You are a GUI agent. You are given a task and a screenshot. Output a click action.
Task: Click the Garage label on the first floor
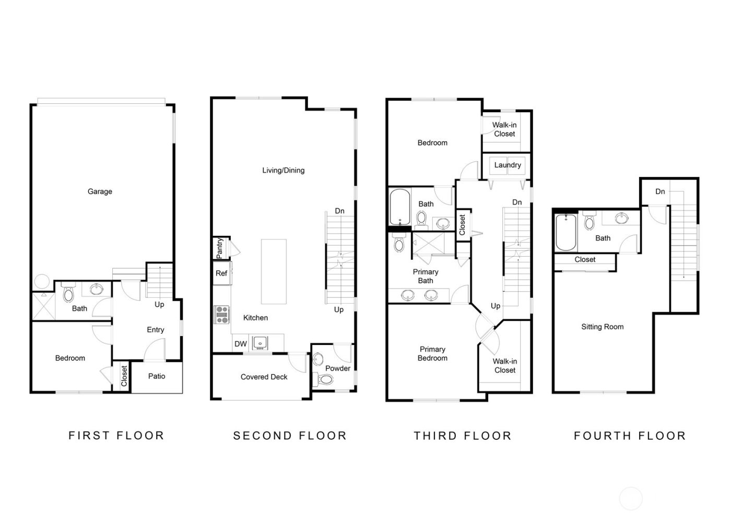(100, 191)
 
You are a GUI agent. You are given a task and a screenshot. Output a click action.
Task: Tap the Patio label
(157, 376)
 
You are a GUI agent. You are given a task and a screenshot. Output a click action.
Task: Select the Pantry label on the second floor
(220, 248)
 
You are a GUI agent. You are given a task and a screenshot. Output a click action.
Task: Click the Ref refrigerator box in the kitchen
(221, 273)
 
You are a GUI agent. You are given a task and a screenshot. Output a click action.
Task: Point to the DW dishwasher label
(240, 344)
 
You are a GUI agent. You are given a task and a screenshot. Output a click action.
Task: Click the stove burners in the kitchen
(221, 315)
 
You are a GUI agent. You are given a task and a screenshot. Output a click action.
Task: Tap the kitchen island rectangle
(274, 271)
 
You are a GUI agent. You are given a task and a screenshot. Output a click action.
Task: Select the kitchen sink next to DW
(260, 343)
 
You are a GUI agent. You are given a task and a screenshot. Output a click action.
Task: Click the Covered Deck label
(264, 377)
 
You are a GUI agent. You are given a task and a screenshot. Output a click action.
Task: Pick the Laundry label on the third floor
(508, 165)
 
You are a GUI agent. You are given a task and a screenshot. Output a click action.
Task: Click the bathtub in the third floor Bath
(399, 207)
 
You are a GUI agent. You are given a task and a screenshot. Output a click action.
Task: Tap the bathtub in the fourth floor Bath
(565, 232)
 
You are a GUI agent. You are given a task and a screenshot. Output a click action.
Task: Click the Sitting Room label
(602, 327)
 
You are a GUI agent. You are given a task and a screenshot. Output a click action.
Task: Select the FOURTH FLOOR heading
(630, 436)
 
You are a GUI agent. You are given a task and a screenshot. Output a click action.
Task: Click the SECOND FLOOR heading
(290, 436)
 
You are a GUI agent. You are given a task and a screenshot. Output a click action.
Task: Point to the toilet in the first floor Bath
(69, 294)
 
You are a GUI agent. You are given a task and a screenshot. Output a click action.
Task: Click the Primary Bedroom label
(432, 354)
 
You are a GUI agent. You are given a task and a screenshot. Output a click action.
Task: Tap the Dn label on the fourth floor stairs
(660, 191)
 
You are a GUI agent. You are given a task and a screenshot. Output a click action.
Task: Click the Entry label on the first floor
(155, 330)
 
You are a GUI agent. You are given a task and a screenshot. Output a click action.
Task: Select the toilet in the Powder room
(325, 379)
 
